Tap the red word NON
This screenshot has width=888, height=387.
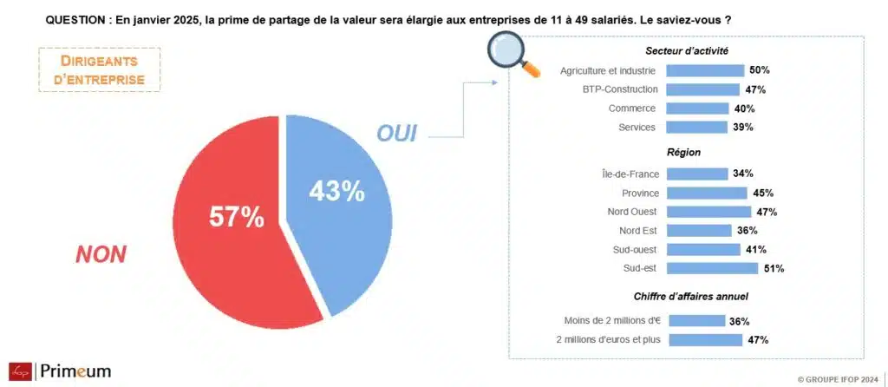pyautogui.click(x=101, y=254)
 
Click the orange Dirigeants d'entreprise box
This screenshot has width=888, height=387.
pyautogui.click(x=101, y=69)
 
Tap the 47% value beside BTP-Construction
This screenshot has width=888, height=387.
pyautogui.click(x=754, y=89)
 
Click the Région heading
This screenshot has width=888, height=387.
pyautogui.click(x=684, y=152)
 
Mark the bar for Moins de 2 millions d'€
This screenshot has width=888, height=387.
pyautogui.click(x=696, y=321)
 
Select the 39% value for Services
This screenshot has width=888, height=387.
pyautogui.click(x=743, y=128)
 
